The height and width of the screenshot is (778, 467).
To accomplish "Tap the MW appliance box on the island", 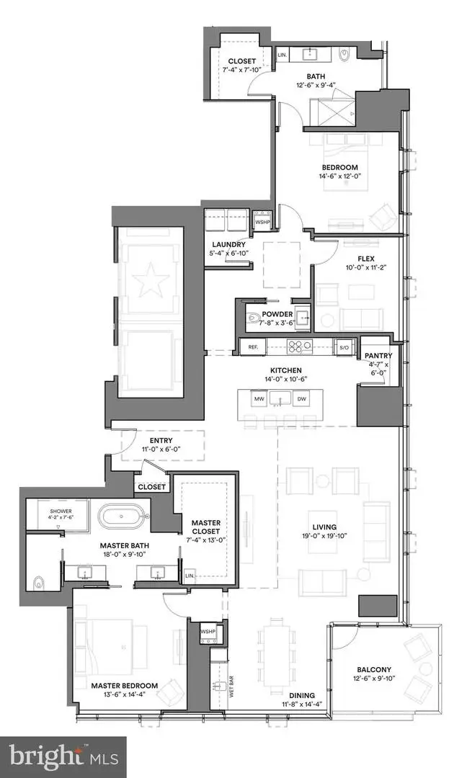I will point(258,398).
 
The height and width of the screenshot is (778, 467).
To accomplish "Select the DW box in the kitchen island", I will point(303,398).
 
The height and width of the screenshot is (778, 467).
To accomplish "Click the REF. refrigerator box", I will point(253,347).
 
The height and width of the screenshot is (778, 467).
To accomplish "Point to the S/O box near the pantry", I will point(344,347).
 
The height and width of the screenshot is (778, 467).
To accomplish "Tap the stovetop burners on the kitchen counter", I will point(297,346).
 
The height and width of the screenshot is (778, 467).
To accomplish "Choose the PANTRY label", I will point(377,355).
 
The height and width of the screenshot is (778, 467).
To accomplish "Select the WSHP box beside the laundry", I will point(262,222).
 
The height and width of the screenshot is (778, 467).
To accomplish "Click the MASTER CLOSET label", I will point(205,527).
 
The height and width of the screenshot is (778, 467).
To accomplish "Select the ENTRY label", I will point(161,441).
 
